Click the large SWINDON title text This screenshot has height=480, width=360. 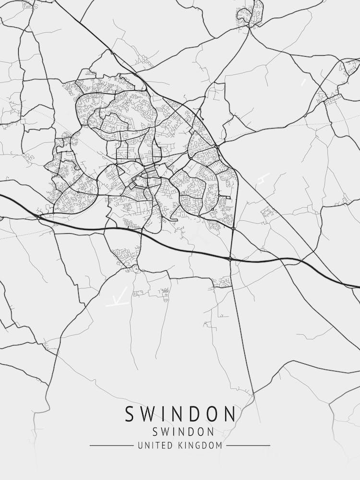pos(180,414)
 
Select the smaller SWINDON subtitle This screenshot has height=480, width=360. pos(180,432)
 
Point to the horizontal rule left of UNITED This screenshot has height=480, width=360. pos(111,446)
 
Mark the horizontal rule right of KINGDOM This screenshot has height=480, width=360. pos(248,446)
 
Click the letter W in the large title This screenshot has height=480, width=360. pos(150,414)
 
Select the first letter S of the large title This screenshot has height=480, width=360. pos(131,414)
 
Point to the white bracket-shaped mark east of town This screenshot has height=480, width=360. pos(262,179)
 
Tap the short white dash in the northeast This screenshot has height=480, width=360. pos(303,82)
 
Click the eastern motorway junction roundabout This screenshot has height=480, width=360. pos(230,259)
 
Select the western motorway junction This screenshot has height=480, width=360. pos(39,217)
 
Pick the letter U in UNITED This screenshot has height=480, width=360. pos(140,446)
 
